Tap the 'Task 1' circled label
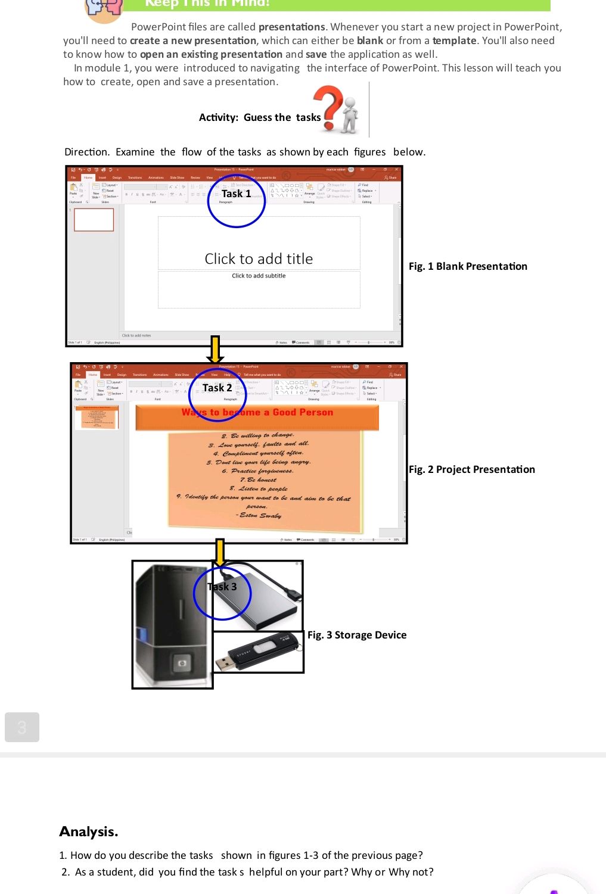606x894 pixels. (x=236, y=194)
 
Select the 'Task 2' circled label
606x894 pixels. (x=217, y=388)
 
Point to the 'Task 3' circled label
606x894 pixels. (x=222, y=587)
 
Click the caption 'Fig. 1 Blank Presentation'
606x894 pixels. (x=468, y=266)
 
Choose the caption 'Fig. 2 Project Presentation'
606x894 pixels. (x=471, y=469)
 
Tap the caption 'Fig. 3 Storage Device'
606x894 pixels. (x=357, y=635)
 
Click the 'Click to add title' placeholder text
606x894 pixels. (x=259, y=259)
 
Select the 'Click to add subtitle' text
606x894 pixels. (x=259, y=276)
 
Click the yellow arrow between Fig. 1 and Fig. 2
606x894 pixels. (x=215, y=350)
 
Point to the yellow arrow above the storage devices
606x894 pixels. (x=220, y=552)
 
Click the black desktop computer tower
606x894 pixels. (x=172, y=625)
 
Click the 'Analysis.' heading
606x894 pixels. (x=89, y=831)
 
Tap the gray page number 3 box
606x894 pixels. (x=22, y=727)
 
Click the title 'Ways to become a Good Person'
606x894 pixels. (x=257, y=412)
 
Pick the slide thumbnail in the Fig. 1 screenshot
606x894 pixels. (x=94, y=220)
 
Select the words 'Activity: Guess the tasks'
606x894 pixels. (x=260, y=117)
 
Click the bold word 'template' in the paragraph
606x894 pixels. (x=454, y=41)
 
